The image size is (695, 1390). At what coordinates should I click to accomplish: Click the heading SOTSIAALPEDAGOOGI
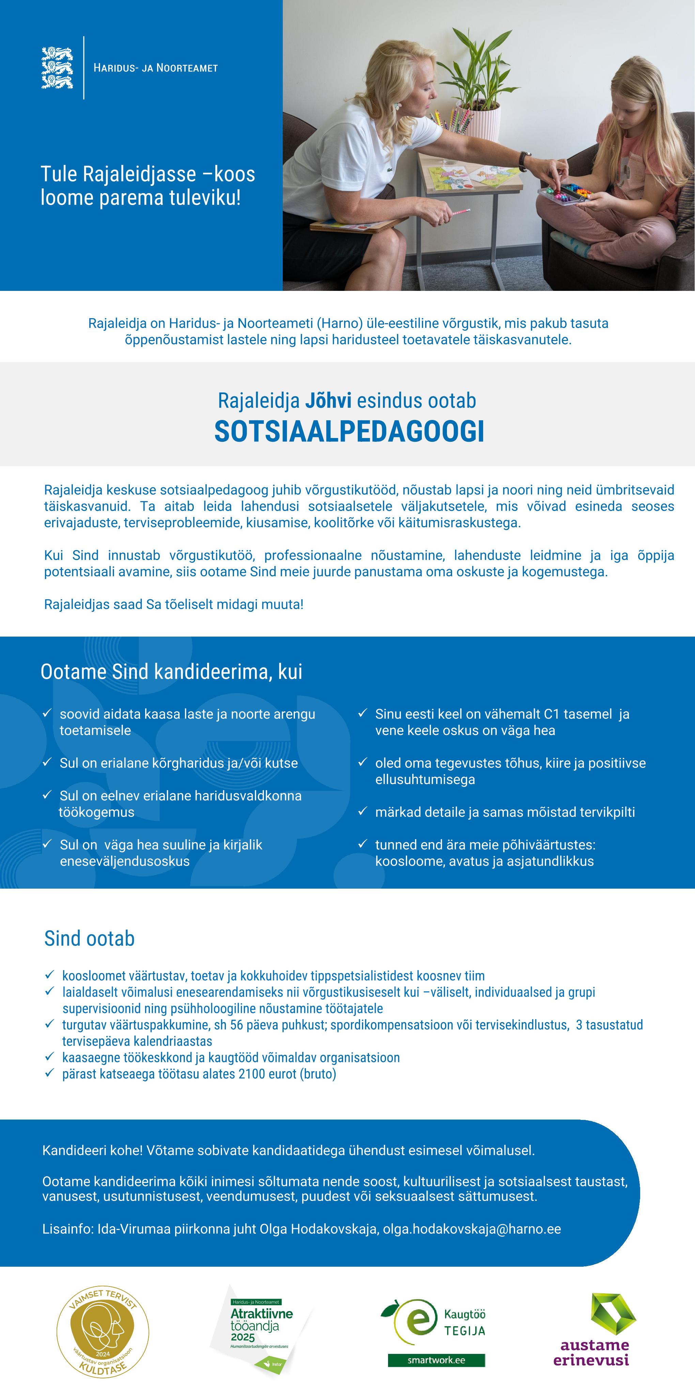pyautogui.click(x=349, y=432)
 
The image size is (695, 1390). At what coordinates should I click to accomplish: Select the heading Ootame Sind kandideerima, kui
pyautogui.click(x=171, y=672)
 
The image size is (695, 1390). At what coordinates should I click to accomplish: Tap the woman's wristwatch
pyautogui.click(x=523, y=160)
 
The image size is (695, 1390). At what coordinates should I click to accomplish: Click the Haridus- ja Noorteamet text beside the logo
pyautogui.click(x=155, y=68)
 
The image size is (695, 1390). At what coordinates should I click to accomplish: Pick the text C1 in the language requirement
pyautogui.click(x=551, y=714)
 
